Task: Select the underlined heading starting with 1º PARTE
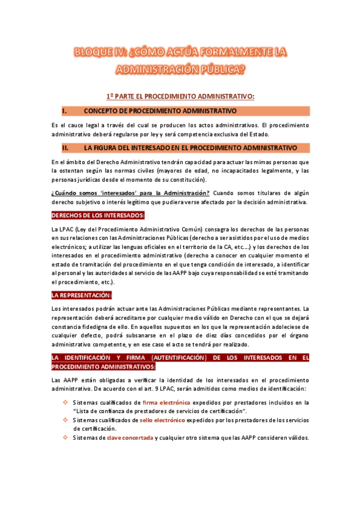pyautogui.click(x=180, y=96)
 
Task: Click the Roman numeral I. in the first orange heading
pyautogui.click(x=64, y=111)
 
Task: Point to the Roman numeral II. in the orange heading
pyautogui.click(x=66, y=147)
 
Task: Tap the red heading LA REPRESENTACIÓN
pyautogui.click(x=82, y=295)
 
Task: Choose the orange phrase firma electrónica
pyautogui.click(x=166, y=402)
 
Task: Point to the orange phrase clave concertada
pyautogui.click(x=129, y=438)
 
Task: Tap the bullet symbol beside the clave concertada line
pyautogui.click(x=66, y=438)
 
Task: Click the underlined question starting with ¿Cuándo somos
pyautogui.click(x=130, y=192)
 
